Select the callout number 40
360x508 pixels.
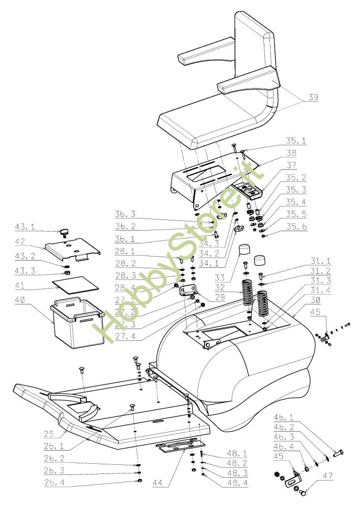pyautogui.click(x=20, y=300)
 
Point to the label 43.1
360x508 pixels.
pyautogui.click(x=25, y=226)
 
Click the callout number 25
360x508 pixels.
pyautogui.click(x=48, y=434)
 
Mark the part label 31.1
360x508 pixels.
pyautogui.click(x=320, y=262)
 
